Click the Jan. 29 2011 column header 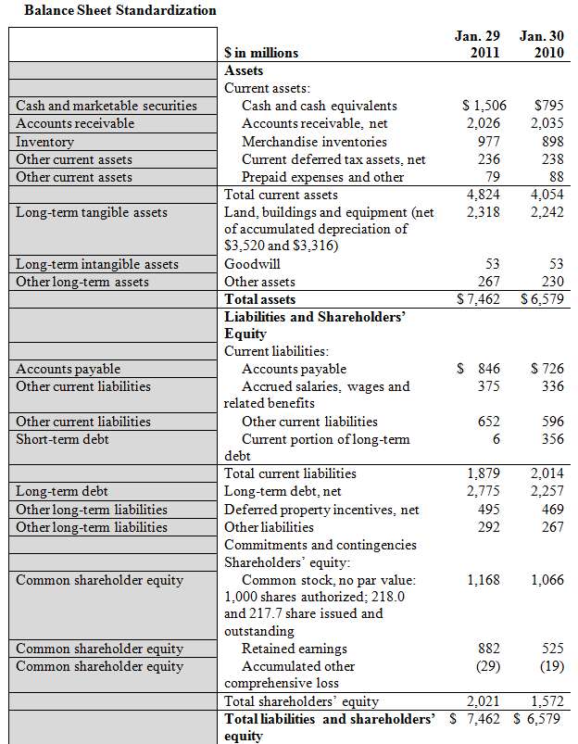477,44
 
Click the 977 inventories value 488,142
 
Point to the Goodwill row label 254,264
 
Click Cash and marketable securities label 107,106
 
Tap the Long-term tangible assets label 92,212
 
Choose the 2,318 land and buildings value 483,212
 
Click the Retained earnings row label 295,649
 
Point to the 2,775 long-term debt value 483,491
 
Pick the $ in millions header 262,53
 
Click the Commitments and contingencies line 320,544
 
